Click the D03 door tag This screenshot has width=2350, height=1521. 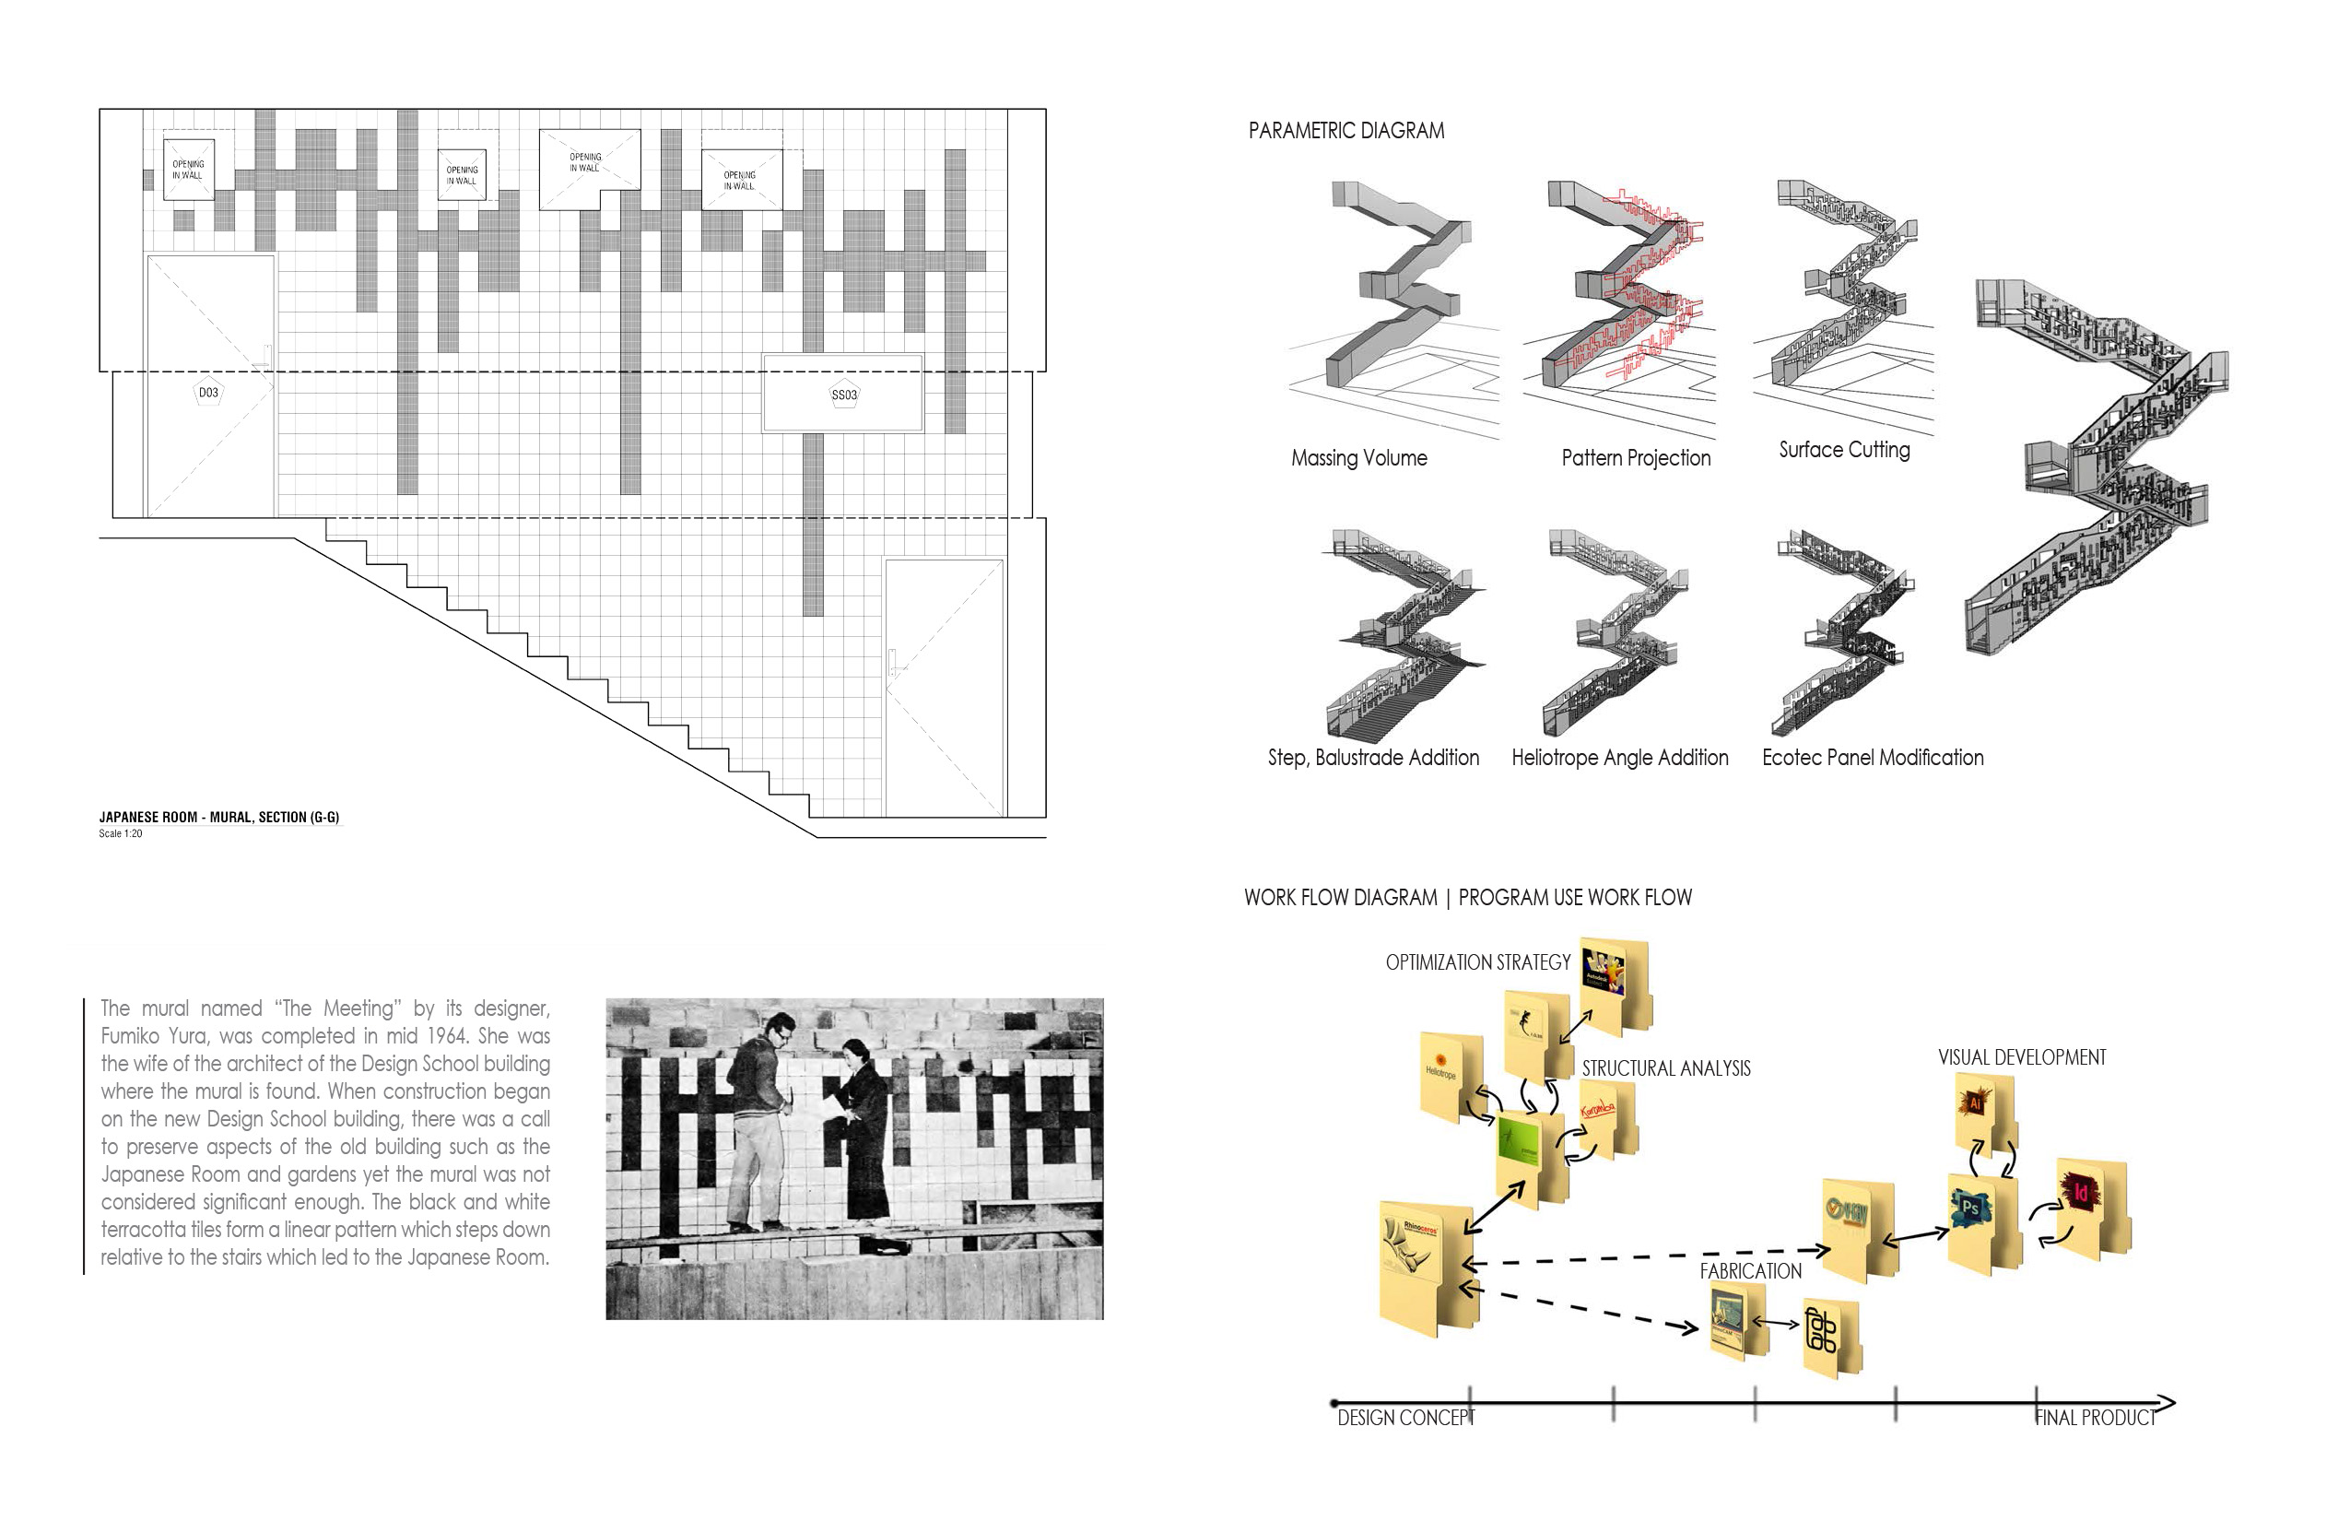coord(208,393)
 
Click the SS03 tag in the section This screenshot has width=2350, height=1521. coord(844,395)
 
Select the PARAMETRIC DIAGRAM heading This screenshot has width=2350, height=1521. coord(1345,130)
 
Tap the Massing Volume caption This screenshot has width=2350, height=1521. coord(1358,458)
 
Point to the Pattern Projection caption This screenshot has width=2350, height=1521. coord(1635,458)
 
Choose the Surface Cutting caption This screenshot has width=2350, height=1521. coord(1843,451)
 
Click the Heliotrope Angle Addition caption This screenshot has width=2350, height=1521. coord(1619,758)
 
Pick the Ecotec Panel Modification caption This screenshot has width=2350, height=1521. coord(1872,758)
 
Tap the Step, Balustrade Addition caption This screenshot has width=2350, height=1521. coord(1373,758)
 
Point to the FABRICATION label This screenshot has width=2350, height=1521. coord(1750,1271)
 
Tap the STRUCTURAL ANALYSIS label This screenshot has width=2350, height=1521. coord(1666,1068)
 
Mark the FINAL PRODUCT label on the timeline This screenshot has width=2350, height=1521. coord(2094,1419)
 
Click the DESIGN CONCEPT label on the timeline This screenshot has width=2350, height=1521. coord(1405,1419)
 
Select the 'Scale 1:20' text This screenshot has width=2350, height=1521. coord(121,833)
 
